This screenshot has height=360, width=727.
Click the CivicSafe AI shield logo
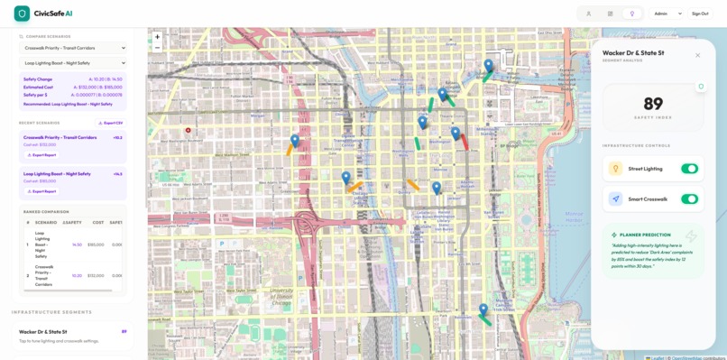(22, 14)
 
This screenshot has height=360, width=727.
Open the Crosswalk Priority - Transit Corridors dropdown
(74, 48)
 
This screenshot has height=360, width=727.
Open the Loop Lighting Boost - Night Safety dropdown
(74, 63)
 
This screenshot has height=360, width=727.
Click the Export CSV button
(111, 123)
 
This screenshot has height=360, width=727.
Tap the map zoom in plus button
(158, 37)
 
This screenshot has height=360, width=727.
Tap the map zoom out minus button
(158, 47)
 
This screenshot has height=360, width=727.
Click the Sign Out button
(700, 14)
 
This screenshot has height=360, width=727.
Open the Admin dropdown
(667, 14)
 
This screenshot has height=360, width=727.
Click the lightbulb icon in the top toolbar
(632, 14)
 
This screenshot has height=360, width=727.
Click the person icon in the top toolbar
(589, 14)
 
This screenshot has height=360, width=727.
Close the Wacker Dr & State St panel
(697, 55)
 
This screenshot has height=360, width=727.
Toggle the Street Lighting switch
(689, 169)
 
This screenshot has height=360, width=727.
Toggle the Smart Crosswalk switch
(689, 199)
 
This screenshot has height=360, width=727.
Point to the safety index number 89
(653, 105)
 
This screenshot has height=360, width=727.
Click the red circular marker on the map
(188, 131)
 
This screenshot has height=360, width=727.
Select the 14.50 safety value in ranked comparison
(77, 245)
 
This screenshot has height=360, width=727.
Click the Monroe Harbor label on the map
(575, 217)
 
